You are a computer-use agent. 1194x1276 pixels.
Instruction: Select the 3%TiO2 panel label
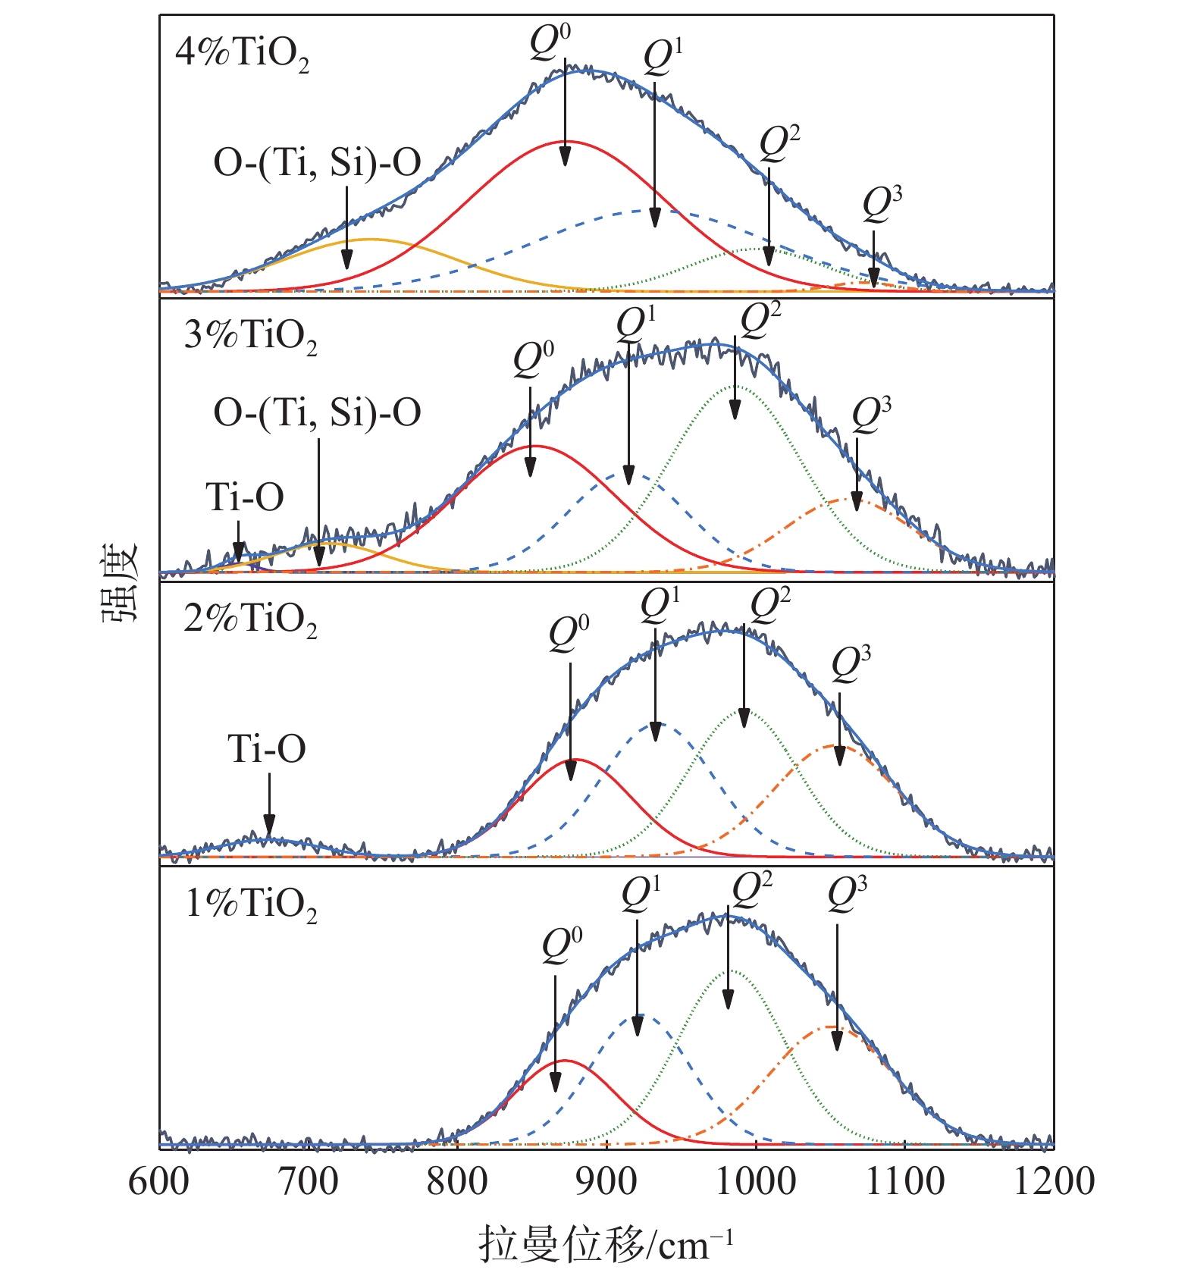pyautogui.click(x=250, y=336)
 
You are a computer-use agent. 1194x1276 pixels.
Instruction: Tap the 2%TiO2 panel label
pyautogui.click(x=250, y=620)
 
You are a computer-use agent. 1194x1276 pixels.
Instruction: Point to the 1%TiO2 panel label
pyautogui.click(x=251, y=904)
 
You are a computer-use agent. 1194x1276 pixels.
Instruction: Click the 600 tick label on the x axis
pyautogui.click(x=158, y=1182)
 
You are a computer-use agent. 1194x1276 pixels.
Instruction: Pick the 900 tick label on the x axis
pyautogui.click(x=606, y=1182)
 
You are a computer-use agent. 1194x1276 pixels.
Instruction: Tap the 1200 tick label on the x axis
pyautogui.click(x=1053, y=1182)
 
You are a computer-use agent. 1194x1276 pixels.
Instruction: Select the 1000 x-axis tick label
pyautogui.click(x=755, y=1182)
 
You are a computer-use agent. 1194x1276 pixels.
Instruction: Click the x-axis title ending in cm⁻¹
pyautogui.click(x=606, y=1245)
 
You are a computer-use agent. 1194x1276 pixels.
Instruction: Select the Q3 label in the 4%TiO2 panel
pyautogui.click(x=882, y=205)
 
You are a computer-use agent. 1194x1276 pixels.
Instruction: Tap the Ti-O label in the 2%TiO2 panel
pyautogui.click(x=267, y=750)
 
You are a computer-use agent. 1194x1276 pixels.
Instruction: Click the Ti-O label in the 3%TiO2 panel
pyautogui.click(x=245, y=498)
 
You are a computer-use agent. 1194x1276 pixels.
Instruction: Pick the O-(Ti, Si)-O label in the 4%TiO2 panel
pyautogui.click(x=317, y=163)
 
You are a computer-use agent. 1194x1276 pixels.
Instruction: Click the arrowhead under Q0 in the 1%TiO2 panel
pyautogui.click(x=555, y=1083)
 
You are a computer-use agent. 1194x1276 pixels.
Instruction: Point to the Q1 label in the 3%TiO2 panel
pyautogui.click(x=635, y=324)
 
